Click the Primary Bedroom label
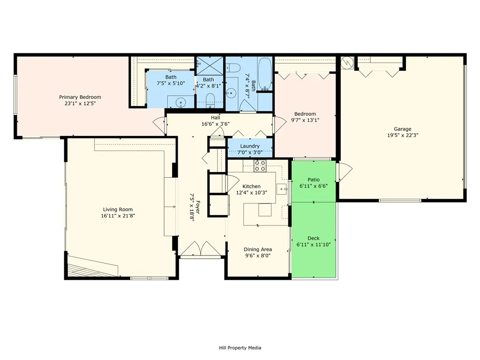point(80,97)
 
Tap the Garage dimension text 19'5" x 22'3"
point(403,135)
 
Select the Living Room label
point(118,210)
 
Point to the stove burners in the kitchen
point(260,165)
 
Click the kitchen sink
point(282,189)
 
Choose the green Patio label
point(314,180)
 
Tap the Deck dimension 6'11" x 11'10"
point(314,245)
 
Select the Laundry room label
point(250,146)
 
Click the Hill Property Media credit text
point(240,348)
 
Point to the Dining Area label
point(258,249)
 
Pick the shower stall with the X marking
point(210,66)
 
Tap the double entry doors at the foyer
point(200,248)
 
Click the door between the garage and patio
point(344,172)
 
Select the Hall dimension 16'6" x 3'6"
point(216,124)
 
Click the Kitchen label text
point(251,186)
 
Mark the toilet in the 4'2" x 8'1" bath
point(210,100)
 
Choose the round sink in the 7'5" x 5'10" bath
point(181,102)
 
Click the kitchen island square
point(265,210)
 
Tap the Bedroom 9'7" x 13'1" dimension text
point(305,120)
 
